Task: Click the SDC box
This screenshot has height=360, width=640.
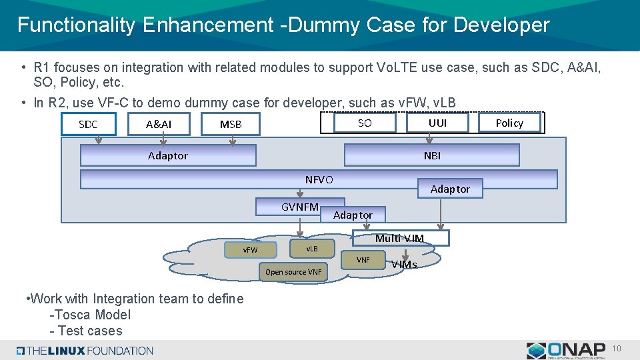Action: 88,124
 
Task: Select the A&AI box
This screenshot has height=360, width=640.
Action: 159,124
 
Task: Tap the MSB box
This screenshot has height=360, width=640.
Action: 231,124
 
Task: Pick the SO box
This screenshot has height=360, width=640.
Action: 365,123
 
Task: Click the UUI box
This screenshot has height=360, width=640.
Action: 437,123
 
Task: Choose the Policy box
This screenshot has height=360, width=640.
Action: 509,123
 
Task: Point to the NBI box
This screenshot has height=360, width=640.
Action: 431,155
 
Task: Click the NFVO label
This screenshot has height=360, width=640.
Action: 319,179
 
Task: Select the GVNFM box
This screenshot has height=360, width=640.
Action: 300,207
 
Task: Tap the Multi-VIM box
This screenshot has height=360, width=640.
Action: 399,238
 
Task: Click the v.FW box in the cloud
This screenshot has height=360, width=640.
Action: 250,249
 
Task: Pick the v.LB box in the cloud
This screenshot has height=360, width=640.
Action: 311,248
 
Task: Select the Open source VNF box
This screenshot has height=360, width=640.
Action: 293,271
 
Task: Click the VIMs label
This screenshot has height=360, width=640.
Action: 404,264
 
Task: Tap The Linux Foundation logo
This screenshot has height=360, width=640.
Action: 85,351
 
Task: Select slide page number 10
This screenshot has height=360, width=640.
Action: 617,349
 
